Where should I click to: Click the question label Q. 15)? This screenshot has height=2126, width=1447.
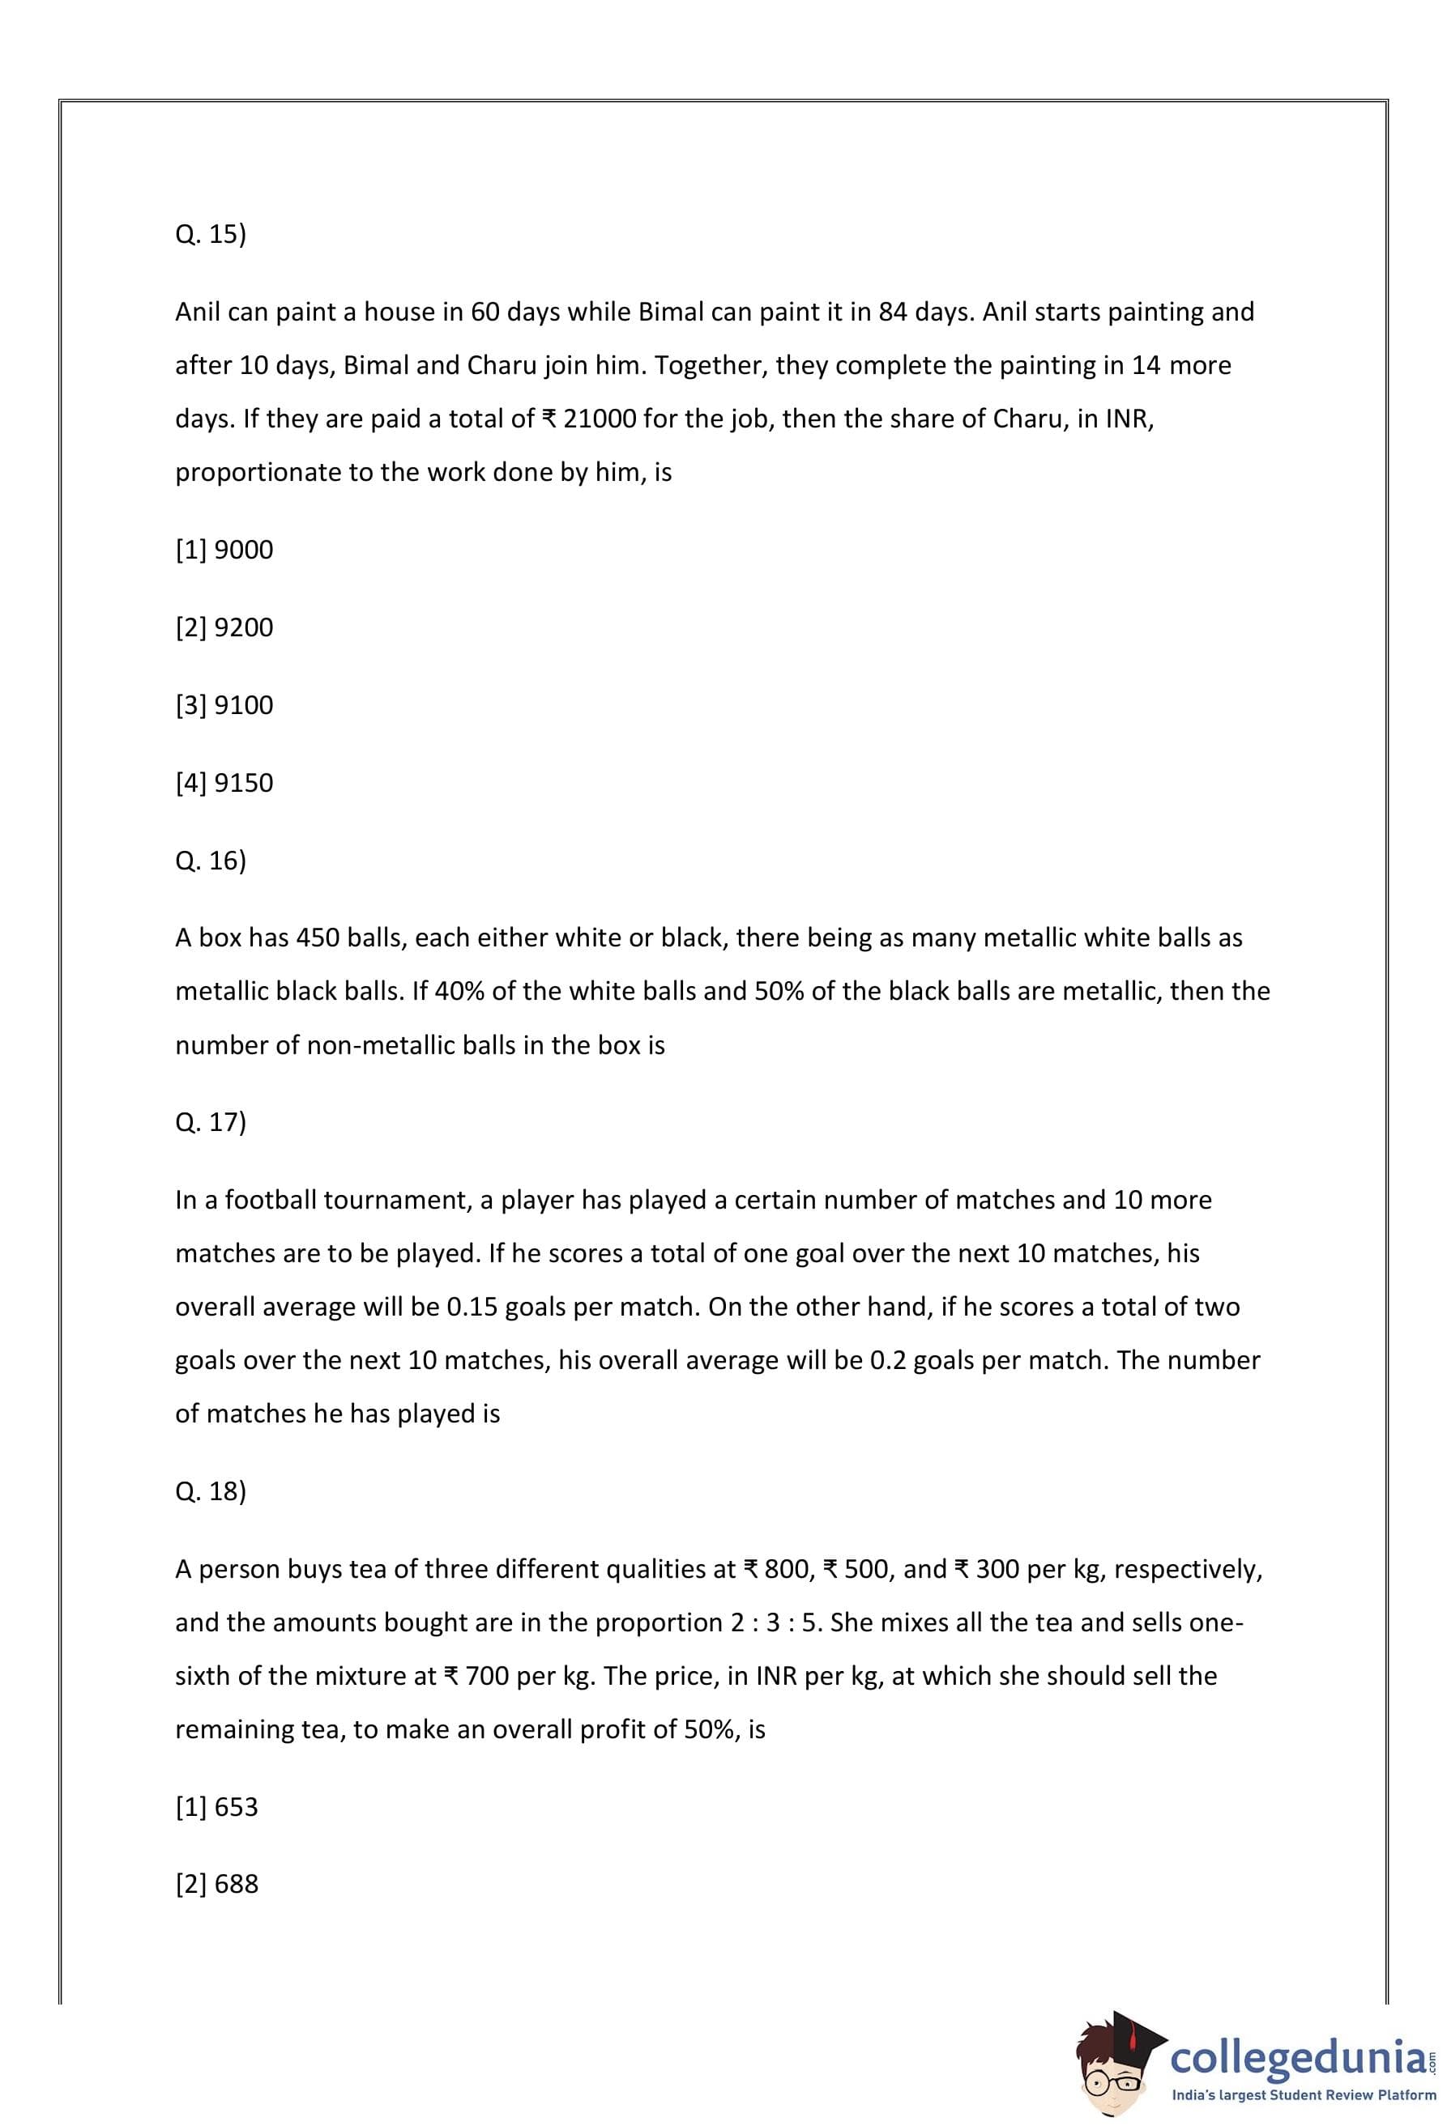211,235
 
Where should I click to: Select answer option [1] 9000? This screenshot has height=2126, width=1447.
224,550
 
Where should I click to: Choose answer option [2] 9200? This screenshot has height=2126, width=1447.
224,627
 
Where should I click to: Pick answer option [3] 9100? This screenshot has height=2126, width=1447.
224,705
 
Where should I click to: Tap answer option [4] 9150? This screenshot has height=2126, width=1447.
224,783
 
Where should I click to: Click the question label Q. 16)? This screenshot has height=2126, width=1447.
211,861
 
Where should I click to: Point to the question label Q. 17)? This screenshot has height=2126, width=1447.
211,1122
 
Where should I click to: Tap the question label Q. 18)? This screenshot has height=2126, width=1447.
211,1491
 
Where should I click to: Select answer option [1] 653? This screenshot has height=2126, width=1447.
217,1807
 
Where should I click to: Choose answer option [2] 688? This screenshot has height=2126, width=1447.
217,1885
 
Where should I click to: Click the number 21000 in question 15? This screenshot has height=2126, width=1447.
600,419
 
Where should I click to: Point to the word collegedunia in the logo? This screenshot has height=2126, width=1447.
1297,2057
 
